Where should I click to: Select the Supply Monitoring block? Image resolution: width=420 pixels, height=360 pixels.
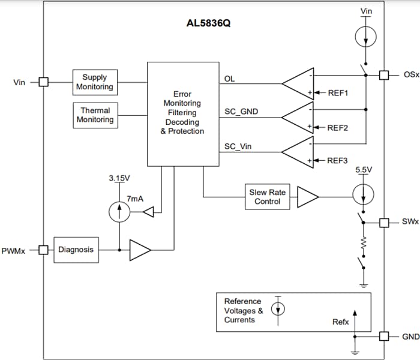point(94,82)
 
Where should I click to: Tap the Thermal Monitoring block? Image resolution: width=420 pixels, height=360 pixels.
point(95,115)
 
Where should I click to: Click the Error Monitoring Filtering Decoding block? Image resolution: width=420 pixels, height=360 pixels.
point(182,113)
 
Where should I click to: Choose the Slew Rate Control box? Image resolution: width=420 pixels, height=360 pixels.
point(267,197)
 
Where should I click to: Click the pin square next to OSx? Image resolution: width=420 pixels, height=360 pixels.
point(385,75)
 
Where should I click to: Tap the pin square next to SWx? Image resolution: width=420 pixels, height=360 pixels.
point(385,223)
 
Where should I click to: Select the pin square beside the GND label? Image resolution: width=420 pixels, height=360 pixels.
point(385,336)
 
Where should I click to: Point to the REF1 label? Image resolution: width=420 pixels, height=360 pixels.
point(338,93)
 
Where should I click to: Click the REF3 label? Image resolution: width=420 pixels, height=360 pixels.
point(338,161)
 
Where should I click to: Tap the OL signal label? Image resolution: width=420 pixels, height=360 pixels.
point(229,79)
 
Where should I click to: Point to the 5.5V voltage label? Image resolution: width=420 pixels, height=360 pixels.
point(364,170)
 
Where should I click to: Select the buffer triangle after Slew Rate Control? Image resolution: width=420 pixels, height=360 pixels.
point(308,196)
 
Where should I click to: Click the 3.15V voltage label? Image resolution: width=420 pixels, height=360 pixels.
point(119,178)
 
